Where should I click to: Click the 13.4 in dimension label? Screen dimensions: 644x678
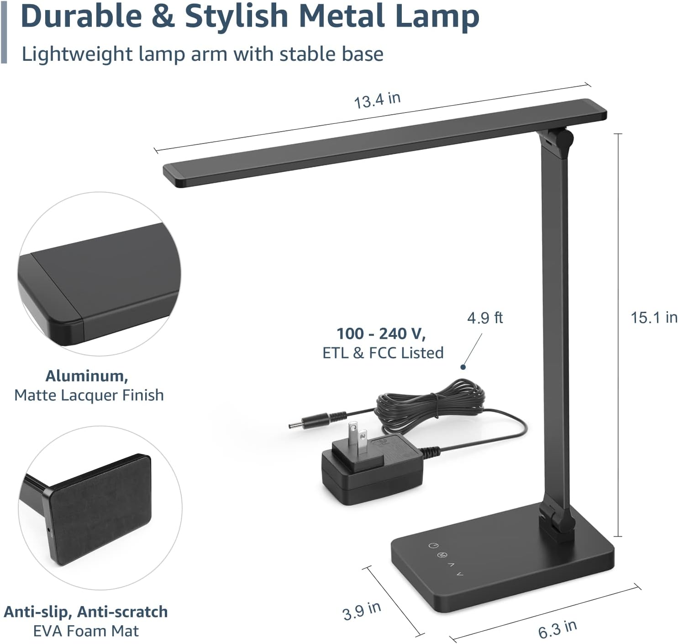pos(377,100)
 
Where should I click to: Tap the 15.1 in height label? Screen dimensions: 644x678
pos(653,317)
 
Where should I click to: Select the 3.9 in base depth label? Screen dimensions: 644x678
pos(361,610)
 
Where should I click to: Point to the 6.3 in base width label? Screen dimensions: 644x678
pos(557,629)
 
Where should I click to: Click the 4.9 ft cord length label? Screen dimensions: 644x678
pos(484,318)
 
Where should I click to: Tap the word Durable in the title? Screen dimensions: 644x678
pos(81,16)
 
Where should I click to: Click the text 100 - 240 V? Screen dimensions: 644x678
pos(381,334)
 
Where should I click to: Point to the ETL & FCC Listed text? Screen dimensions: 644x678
pos(383,353)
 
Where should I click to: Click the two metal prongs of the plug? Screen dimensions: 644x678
pos(357,438)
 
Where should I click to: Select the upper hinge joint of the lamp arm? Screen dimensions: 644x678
pos(558,139)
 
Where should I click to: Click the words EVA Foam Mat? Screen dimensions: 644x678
pos(86,631)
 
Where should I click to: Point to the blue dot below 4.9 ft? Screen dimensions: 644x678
pos(463,367)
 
